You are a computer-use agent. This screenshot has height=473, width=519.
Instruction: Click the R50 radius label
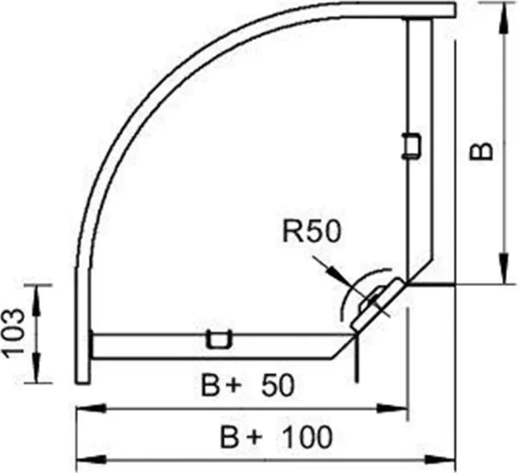tap(311, 232)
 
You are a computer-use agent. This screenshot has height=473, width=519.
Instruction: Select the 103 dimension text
tap(14, 333)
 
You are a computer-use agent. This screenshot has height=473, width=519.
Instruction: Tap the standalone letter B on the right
tap(481, 151)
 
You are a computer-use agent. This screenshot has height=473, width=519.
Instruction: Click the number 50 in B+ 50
tap(278, 385)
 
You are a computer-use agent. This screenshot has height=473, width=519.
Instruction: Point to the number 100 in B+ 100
tap(308, 437)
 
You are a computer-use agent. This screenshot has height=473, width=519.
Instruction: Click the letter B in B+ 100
tap(229, 437)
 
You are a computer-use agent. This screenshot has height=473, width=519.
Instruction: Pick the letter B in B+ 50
tap(210, 385)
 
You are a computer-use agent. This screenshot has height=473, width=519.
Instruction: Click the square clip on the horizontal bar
tap(219, 339)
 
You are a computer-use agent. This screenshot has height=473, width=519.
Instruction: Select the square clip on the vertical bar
tap(411, 146)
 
